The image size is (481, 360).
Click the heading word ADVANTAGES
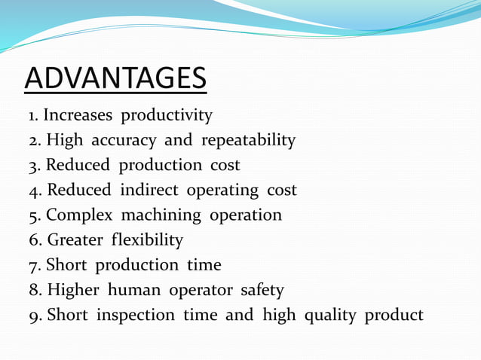point(115,78)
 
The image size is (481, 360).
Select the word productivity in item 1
point(167,116)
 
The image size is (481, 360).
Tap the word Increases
point(78,116)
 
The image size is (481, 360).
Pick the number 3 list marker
point(34,166)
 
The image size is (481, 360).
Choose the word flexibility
point(147,240)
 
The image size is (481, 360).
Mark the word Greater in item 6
point(75,240)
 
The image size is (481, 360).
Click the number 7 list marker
point(34,265)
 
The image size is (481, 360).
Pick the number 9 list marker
point(34,315)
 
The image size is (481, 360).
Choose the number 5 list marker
point(34,215)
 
